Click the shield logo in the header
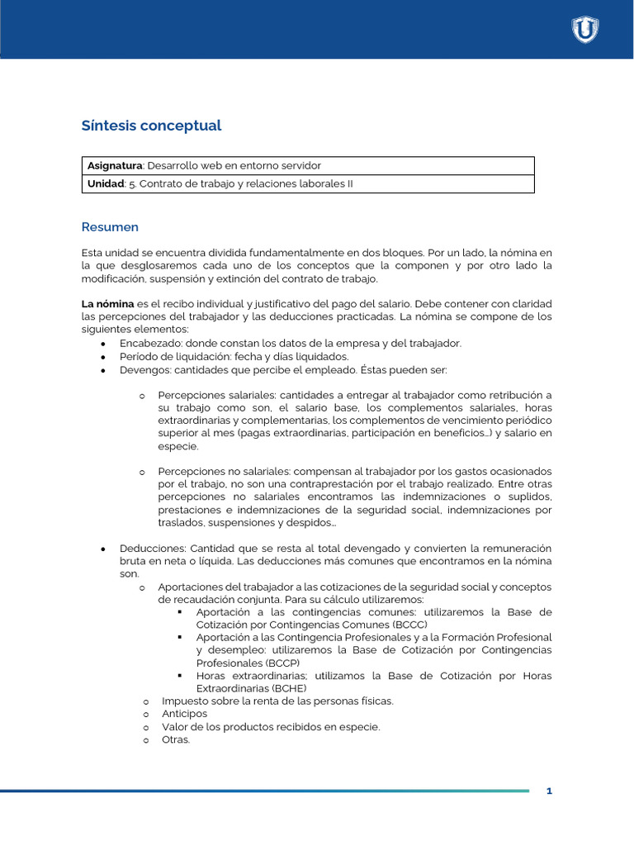[x=585, y=30]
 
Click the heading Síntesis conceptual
[x=152, y=126]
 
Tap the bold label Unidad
[x=105, y=184]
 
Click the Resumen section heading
[x=110, y=227]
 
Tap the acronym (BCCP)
[x=282, y=663]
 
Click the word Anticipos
[x=185, y=714]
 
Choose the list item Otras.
[x=176, y=739]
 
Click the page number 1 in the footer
[x=549, y=791]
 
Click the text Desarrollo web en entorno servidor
[x=234, y=166]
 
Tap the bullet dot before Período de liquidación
[x=103, y=357]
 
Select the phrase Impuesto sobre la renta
[x=219, y=701]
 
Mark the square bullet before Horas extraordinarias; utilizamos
[x=180, y=676]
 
